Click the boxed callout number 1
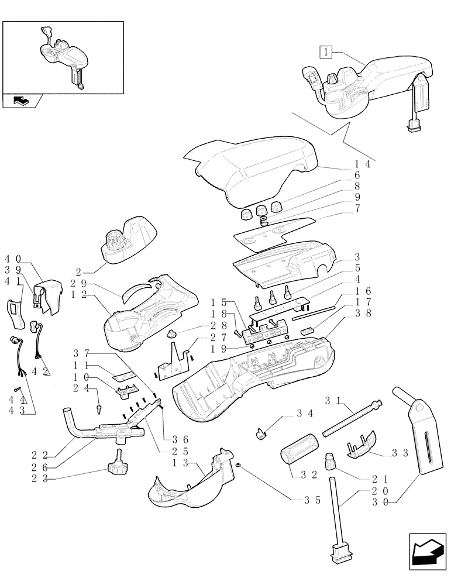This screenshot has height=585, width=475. tap(326, 51)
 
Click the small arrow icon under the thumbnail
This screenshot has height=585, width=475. tap(21, 101)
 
